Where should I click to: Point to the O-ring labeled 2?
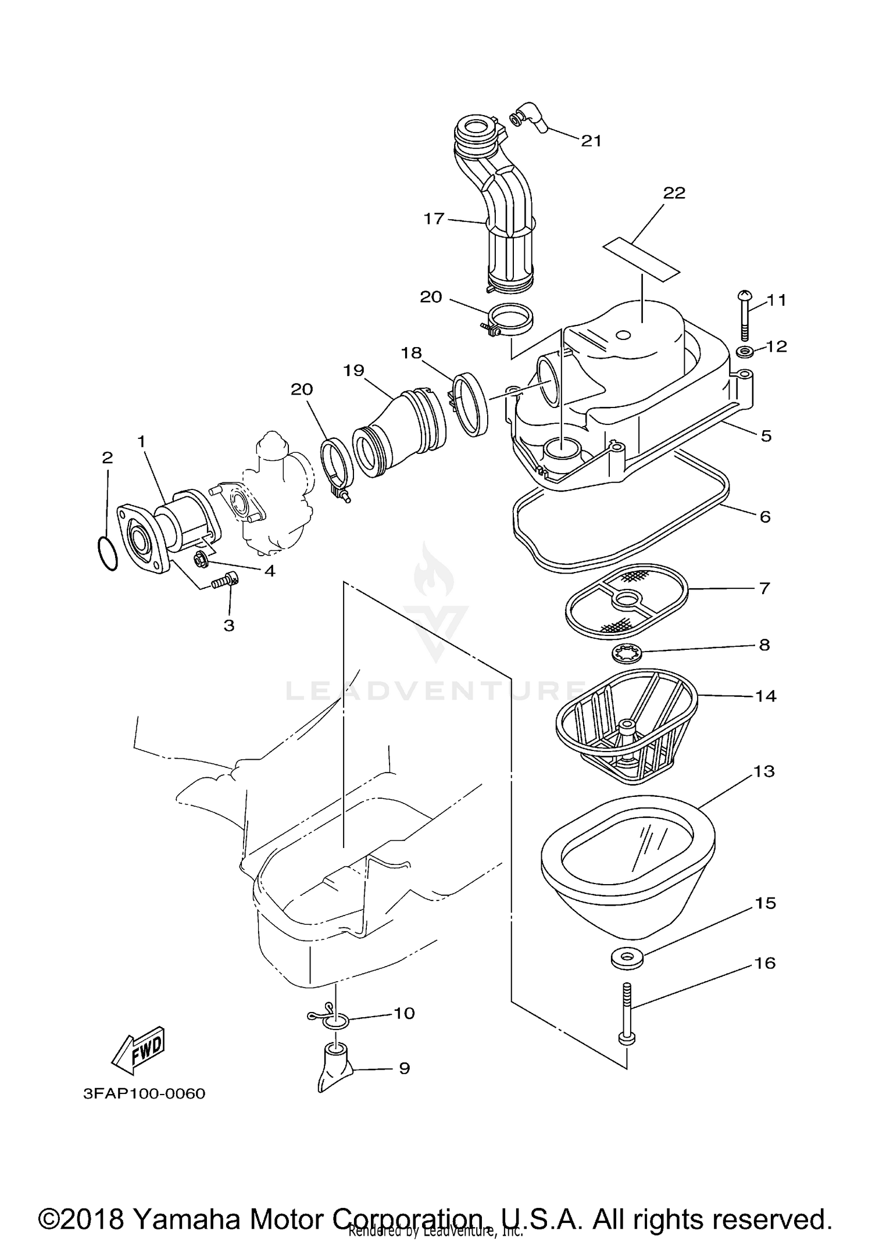coord(107,553)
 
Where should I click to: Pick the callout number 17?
coord(434,219)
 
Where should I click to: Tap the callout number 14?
coord(765,696)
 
